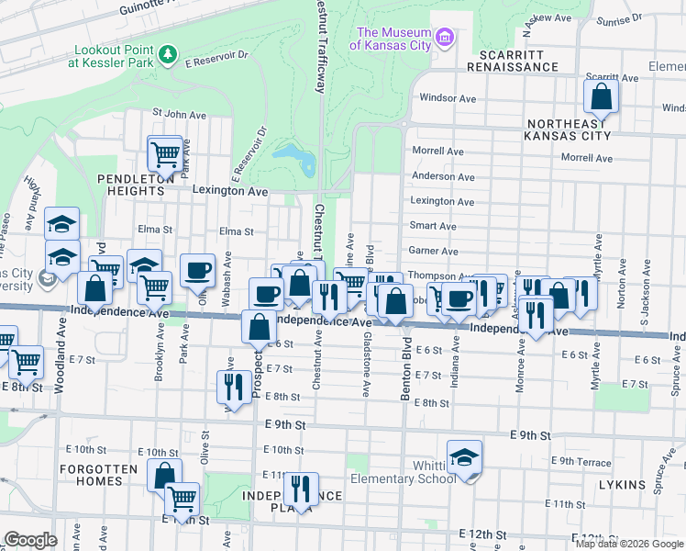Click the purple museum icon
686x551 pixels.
445,38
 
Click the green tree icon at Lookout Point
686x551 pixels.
167,56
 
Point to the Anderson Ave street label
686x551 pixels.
443,176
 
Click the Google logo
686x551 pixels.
31,540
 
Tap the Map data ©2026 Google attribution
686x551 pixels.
629,544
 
